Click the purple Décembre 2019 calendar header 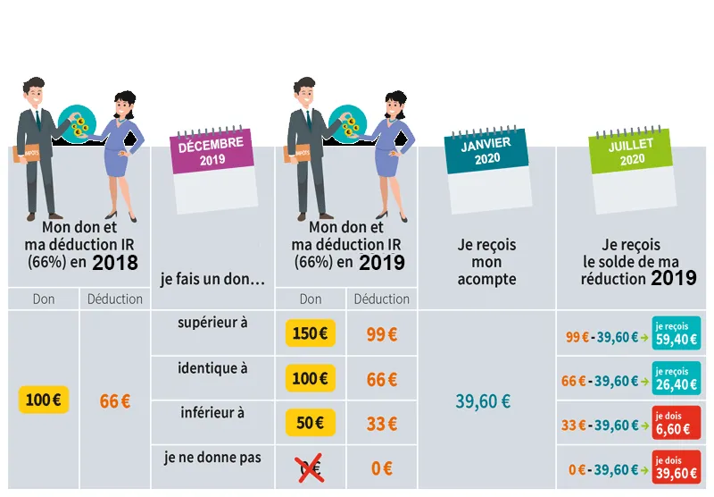coord(212,151)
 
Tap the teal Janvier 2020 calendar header coord(486,150)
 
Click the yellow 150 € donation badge coord(310,333)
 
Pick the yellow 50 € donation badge coord(310,423)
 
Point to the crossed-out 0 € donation coord(309,468)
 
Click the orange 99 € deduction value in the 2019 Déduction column coord(382,334)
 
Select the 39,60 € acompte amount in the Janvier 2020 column coord(483,401)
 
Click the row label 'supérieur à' coord(212,323)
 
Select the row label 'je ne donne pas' coord(212,457)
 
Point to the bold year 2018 coord(115,263)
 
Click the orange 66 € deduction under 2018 coord(115,401)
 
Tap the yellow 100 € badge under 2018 coord(44,400)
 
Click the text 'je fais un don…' coord(212,280)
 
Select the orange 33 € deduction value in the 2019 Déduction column coord(382,424)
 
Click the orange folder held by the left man coord(25,153)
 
